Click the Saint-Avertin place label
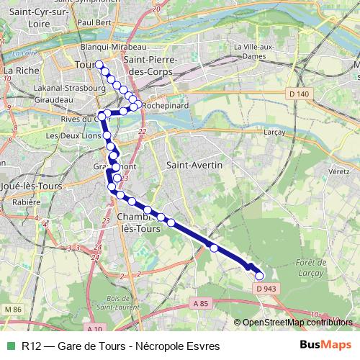(x=194, y=165)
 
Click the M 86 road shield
(x=12, y=309)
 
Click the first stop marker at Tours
(x=99, y=64)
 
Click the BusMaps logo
(x=325, y=345)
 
